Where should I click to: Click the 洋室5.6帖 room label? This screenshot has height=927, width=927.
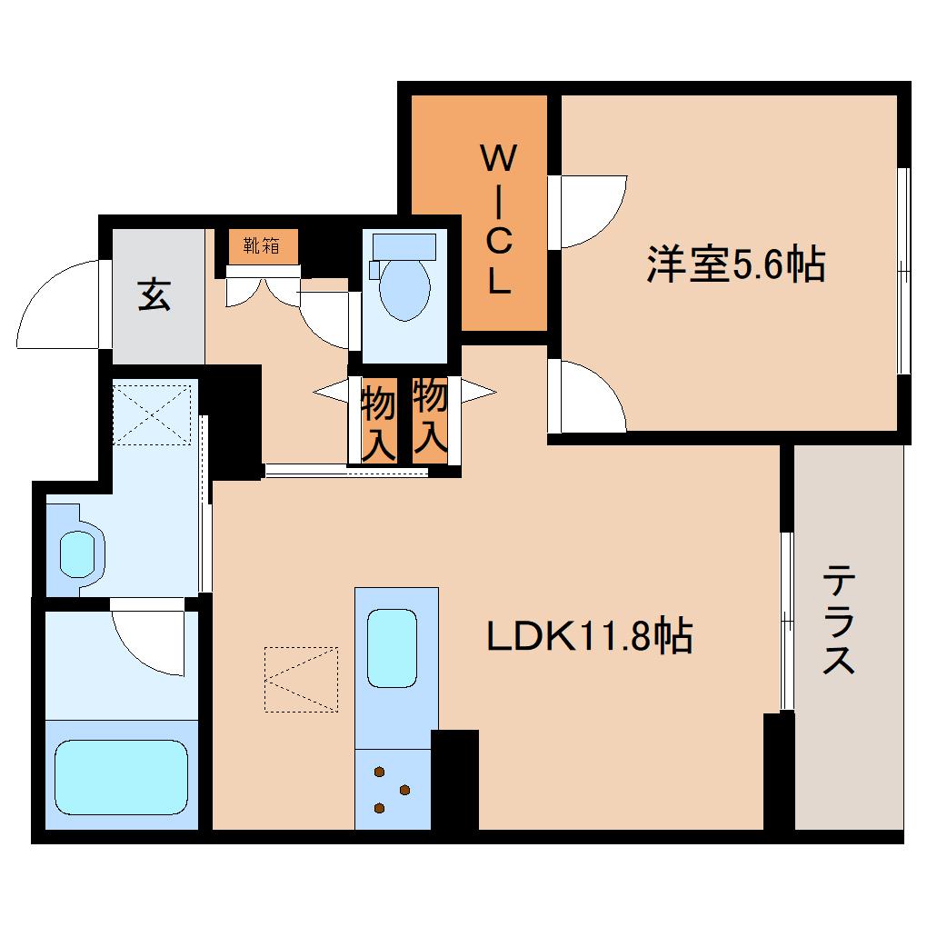[x=735, y=264]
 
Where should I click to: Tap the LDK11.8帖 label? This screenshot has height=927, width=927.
[x=590, y=636]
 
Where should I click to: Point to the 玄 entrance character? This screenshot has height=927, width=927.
[x=154, y=294]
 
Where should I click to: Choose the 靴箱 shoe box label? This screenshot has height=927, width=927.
[x=260, y=244]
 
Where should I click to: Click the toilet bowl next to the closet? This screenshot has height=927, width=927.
[x=404, y=289]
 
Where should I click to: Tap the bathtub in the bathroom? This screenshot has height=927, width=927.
[x=121, y=772]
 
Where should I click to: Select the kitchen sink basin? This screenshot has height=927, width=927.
[x=392, y=648]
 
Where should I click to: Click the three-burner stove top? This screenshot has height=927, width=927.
[x=392, y=790]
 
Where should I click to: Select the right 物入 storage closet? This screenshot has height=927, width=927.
[x=430, y=417]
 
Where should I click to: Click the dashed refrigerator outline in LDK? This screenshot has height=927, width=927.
[x=301, y=678]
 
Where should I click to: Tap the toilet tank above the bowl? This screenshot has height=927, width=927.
[x=404, y=246]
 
